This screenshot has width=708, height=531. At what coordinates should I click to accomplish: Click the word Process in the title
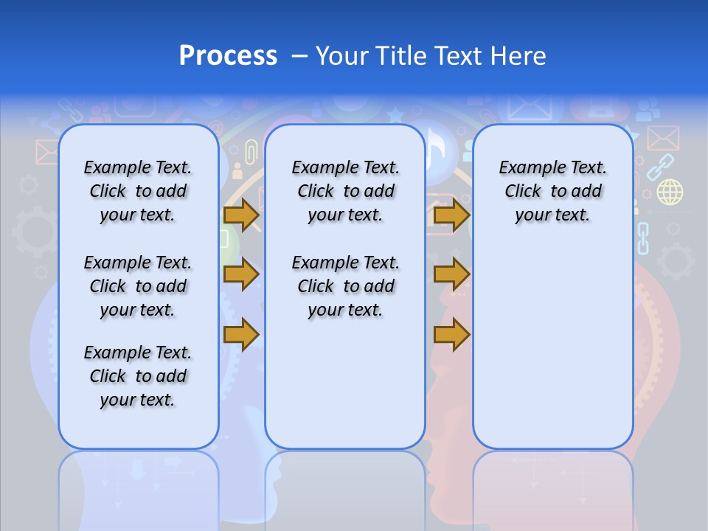coord(228,55)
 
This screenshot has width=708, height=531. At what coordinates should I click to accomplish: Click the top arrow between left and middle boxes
coord(241,215)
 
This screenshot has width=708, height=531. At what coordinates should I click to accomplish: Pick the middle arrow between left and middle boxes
coord(241,274)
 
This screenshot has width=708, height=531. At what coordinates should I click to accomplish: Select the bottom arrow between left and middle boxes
coord(241,334)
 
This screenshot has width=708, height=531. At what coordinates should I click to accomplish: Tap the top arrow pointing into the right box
coord(451,215)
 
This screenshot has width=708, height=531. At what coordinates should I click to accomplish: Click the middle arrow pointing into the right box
coord(451,274)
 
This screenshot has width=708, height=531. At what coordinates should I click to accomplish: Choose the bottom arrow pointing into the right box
coord(451,334)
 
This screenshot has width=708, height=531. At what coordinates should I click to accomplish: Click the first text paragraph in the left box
coord(138,191)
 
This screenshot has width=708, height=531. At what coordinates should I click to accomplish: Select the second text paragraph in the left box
coord(138,286)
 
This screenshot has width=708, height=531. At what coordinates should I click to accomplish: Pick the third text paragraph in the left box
coord(138,376)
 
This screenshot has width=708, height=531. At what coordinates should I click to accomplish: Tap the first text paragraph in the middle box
coord(345,191)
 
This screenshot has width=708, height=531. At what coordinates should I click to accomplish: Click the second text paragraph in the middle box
coord(345,286)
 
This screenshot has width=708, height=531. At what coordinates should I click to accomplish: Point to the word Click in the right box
coord(523,191)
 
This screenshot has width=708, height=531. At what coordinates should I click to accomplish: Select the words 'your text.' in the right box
coord(552,215)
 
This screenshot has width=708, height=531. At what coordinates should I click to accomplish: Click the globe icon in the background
coord(670,192)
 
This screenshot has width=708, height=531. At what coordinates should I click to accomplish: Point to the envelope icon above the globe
coord(662,138)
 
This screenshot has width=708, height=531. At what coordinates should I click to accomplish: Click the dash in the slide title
coord(299,55)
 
